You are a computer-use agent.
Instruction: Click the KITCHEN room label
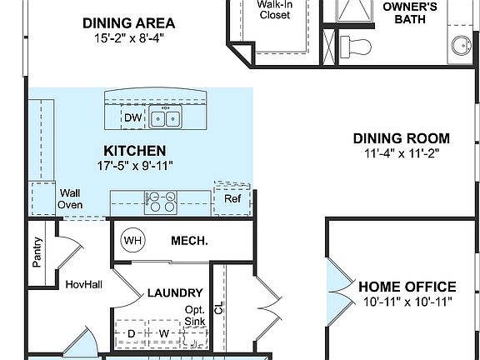tap(134, 150)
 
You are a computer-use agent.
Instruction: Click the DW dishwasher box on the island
tap(132, 118)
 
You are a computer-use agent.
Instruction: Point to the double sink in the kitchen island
tap(164, 118)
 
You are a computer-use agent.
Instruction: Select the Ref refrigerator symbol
tap(232, 199)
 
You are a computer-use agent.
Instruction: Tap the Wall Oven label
tap(69, 198)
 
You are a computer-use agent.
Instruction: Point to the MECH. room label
tap(189, 241)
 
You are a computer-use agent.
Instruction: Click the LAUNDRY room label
tap(174, 292)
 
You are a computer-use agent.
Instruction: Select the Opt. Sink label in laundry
tap(195, 315)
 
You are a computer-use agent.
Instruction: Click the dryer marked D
tap(131, 334)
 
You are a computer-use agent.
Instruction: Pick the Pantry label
tap(37, 252)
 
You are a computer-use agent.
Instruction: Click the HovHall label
tap(83, 284)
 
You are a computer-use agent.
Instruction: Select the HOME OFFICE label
tap(407, 286)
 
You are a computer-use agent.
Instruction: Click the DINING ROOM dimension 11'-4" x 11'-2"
tap(401, 153)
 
